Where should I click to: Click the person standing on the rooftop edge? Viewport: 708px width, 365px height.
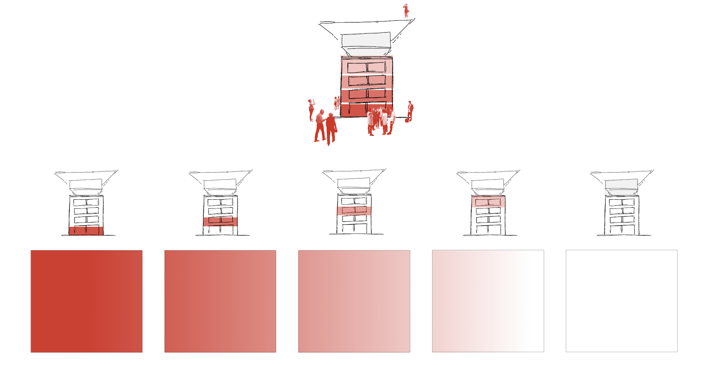[406, 10]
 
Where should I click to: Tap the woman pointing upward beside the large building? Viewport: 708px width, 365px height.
[311, 109]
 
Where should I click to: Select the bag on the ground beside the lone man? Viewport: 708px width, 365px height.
[407, 121]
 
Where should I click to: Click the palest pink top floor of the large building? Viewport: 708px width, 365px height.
[367, 67]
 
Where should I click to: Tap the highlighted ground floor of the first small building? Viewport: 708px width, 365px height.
[86, 231]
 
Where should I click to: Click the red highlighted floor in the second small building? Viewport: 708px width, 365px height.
[220, 221]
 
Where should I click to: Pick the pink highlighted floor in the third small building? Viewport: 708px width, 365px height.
[354, 211]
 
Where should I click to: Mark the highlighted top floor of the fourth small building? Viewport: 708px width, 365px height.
[488, 202]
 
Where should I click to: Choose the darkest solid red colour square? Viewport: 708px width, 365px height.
[87, 301]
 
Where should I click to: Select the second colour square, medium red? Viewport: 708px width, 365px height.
[220, 301]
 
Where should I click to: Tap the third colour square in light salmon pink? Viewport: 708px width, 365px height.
[354, 301]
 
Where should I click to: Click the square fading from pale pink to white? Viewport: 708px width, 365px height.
[488, 301]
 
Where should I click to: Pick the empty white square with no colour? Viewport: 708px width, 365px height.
[621, 301]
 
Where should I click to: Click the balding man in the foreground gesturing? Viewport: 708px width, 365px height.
[320, 125]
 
